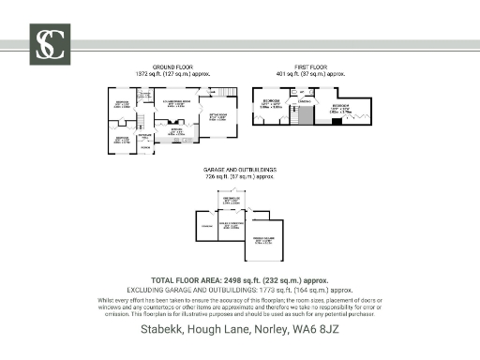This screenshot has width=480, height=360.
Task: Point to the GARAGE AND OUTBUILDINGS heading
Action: pos(239,170)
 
